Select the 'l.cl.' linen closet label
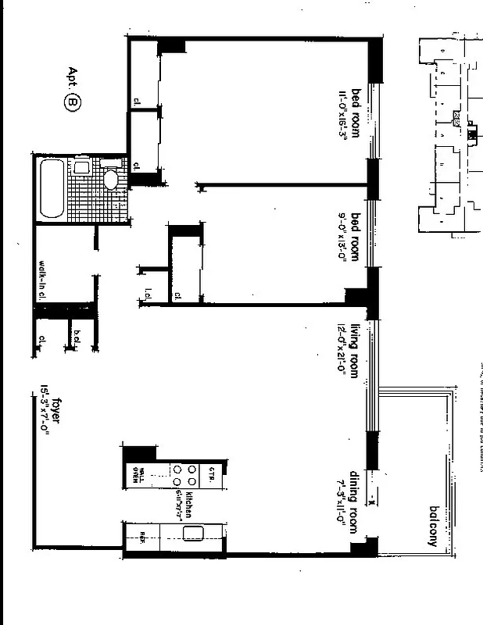point(148,295)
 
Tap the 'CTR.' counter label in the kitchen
point(211,473)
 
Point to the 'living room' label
point(354,350)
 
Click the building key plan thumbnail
point(448,133)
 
